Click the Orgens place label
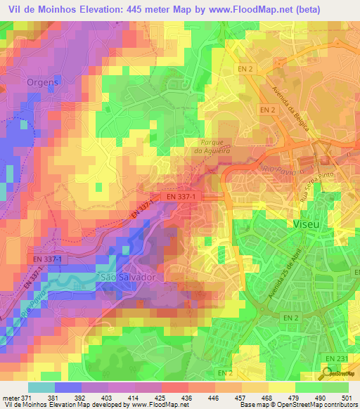tap(42, 82)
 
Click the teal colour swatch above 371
tap(41, 387)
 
